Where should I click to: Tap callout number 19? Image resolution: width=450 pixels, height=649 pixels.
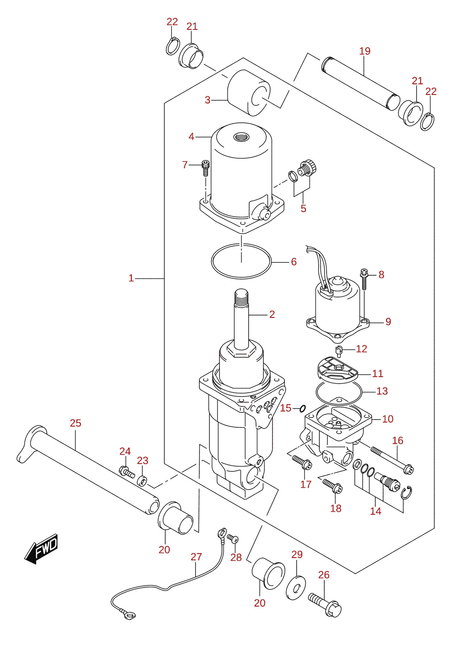(x=365, y=51)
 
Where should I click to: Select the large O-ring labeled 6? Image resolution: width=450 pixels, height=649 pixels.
(x=241, y=261)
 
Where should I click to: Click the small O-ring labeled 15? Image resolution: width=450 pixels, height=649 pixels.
(x=302, y=408)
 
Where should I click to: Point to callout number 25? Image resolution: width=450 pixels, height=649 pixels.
(x=75, y=423)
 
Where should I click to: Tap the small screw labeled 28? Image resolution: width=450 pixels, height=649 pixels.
(x=233, y=538)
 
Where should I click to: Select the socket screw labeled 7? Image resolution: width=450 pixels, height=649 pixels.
(x=205, y=168)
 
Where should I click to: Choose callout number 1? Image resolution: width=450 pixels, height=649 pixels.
(x=131, y=278)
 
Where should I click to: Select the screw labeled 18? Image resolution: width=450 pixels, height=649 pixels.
(x=333, y=486)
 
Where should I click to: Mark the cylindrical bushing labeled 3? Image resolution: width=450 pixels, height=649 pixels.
(x=249, y=93)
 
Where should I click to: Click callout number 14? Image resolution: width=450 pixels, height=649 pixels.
(x=375, y=511)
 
